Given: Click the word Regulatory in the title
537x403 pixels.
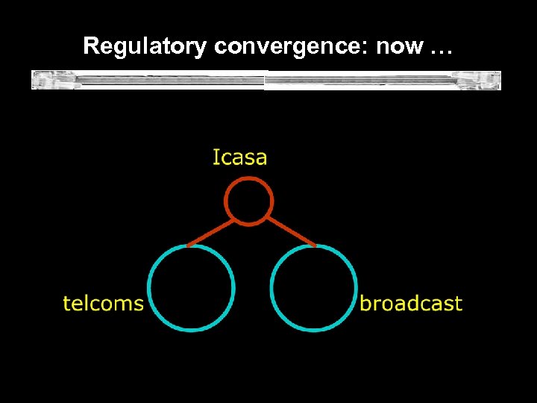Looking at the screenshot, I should click(x=145, y=46).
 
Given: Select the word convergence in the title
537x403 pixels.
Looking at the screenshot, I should click(x=291, y=46).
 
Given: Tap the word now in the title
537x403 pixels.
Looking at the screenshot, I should click(x=399, y=46).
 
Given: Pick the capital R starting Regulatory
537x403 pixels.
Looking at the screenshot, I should click(x=91, y=46).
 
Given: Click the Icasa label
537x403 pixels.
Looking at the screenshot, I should click(x=239, y=157).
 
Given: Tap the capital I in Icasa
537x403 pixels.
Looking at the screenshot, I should click(x=216, y=157).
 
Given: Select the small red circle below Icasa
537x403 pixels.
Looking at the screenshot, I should click(x=249, y=201).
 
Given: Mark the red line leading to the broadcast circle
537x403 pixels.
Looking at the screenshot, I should click(x=291, y=232).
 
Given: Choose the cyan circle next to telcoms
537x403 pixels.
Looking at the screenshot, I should click(x=192, y=287).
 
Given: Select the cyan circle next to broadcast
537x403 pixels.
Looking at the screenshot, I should click(x=313, y=287).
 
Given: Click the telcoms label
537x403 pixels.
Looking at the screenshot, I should click(x=103, y=303).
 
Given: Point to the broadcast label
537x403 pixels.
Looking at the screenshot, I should click(x=411, y=303).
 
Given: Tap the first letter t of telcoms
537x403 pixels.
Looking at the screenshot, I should click(x=66, y=303).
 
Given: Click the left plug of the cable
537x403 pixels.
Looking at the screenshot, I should click(x=55, y=79).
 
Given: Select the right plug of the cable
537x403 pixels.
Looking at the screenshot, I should click(x=480, y=79).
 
